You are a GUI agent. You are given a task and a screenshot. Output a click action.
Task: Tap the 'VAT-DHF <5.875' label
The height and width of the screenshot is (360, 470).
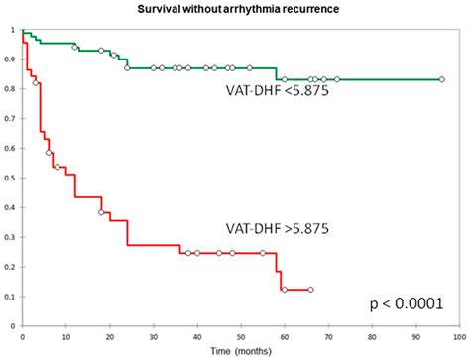pyautogui.click(x=282, y=95)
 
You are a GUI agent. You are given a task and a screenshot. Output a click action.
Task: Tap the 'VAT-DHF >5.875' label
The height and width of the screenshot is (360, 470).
pyautogui.click(x=281, y=227)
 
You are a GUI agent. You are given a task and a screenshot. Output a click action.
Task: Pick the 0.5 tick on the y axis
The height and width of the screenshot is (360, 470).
pyautogui.click(x=12, y=179)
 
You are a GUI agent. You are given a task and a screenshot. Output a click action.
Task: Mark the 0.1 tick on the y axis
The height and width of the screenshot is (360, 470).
pyautogui.click(x=12, y=297)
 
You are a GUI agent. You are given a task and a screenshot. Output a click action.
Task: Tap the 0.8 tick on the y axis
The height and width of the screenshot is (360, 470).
pyautogui.click(x=12, y=89)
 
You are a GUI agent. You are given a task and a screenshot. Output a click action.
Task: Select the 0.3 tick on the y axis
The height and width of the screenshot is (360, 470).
pyautogui.click(x=12, y=237)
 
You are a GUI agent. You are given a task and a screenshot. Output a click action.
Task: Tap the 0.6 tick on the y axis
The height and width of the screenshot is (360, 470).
pyautogui.click(x=12, y=149)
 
